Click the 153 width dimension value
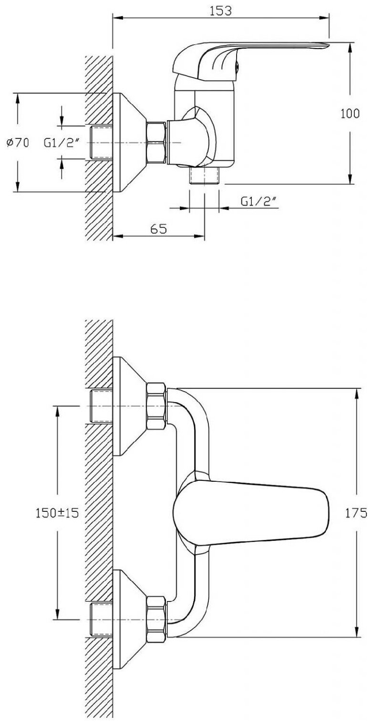click(220, 11)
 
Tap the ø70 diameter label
click(18, 143)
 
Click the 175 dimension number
click(357, 513)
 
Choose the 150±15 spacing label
click(57, 513)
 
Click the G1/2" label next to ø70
click(61, 143)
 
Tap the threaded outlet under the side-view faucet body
click(204, 175)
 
